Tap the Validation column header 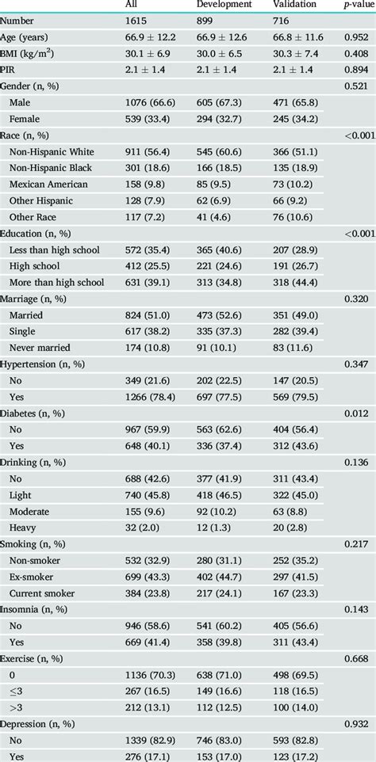pyautogui.click(x=294, y=5)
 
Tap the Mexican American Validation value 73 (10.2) pyautogui.click(x=297, y=184)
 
